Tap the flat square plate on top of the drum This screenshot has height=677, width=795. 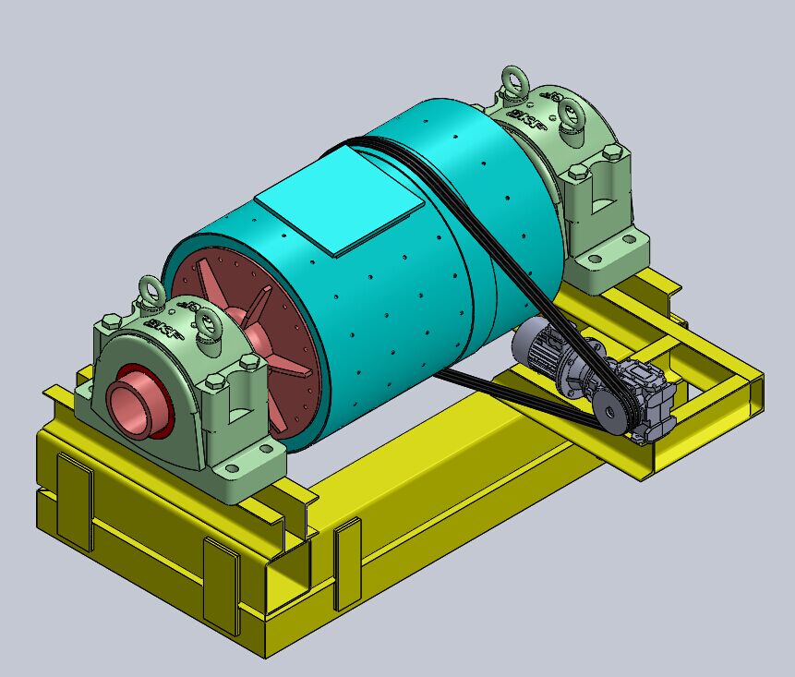[340, 199]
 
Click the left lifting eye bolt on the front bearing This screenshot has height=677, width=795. [151, 291]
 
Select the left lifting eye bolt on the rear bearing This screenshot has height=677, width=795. [512, 81]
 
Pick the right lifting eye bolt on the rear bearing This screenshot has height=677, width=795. [570, 115]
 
